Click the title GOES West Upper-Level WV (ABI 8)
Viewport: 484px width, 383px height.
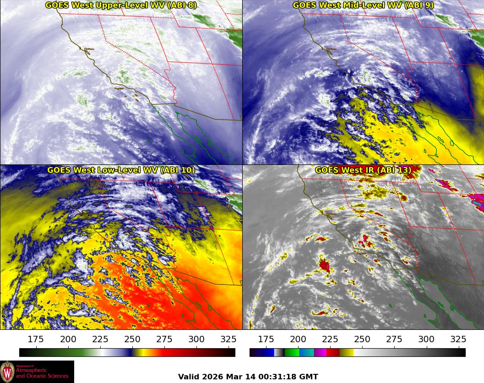click(121, 5)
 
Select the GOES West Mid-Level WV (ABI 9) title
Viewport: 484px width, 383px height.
click(363, 5)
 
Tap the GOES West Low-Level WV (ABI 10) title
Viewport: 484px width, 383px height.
click(121, 170)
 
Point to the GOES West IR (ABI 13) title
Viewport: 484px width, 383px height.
click(363, 170)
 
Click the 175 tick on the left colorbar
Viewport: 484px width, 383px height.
click(36, 339)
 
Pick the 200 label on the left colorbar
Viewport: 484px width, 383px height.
click(68, 339)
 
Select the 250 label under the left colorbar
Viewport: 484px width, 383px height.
click(132, 339)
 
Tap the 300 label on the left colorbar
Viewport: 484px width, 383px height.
click(196, 339)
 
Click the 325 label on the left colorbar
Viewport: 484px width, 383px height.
click(228, 339)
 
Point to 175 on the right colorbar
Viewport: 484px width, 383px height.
click(266, 339)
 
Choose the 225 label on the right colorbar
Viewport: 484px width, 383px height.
click(330, 339)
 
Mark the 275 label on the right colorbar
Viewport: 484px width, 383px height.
click(394, 339)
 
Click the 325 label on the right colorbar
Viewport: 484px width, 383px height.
click(458, 339)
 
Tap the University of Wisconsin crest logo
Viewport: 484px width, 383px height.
click(7, 371)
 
